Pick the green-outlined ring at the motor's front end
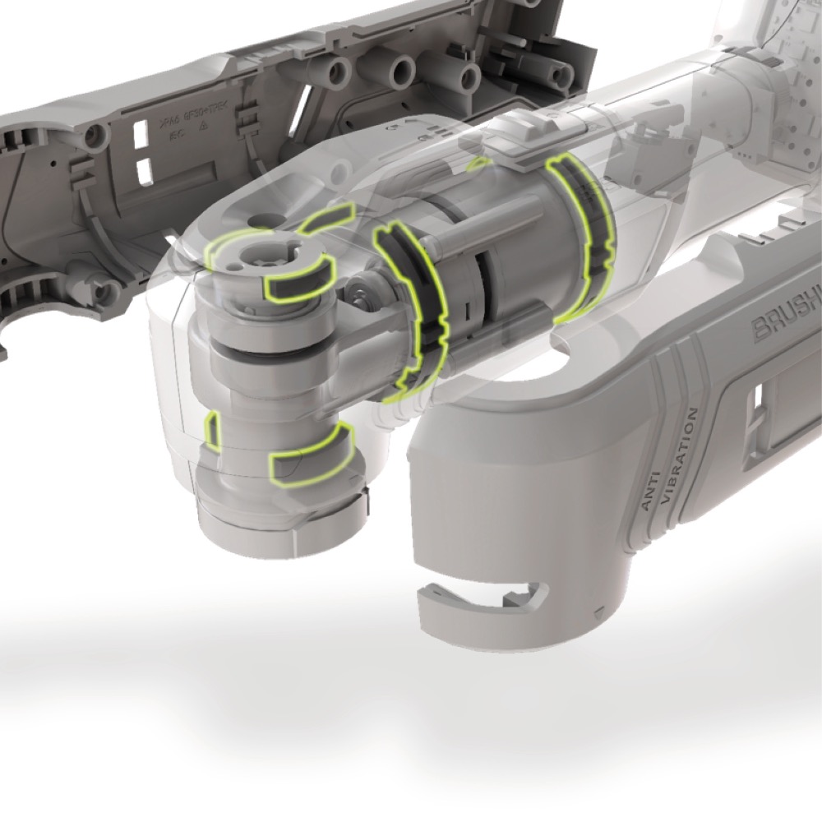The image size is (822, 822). [411, 312]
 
